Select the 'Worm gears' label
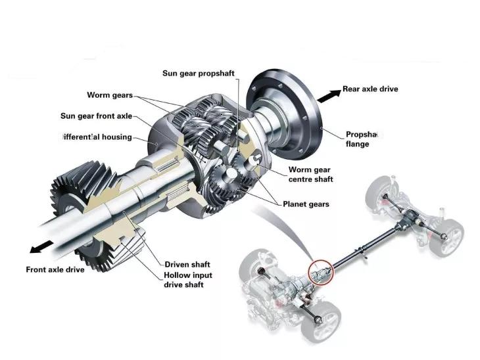(x=110, y=95)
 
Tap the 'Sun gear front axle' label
(x=96, y=116)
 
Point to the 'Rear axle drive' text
(x=370, y=89)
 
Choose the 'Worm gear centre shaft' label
(x=311, y=174)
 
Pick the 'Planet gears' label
(x=306, y=204)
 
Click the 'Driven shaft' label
(x=187, y=264)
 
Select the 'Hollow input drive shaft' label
(x=188, y=280)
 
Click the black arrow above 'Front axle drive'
(x=41, y=246)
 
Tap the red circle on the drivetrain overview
(x=322, y=269)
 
